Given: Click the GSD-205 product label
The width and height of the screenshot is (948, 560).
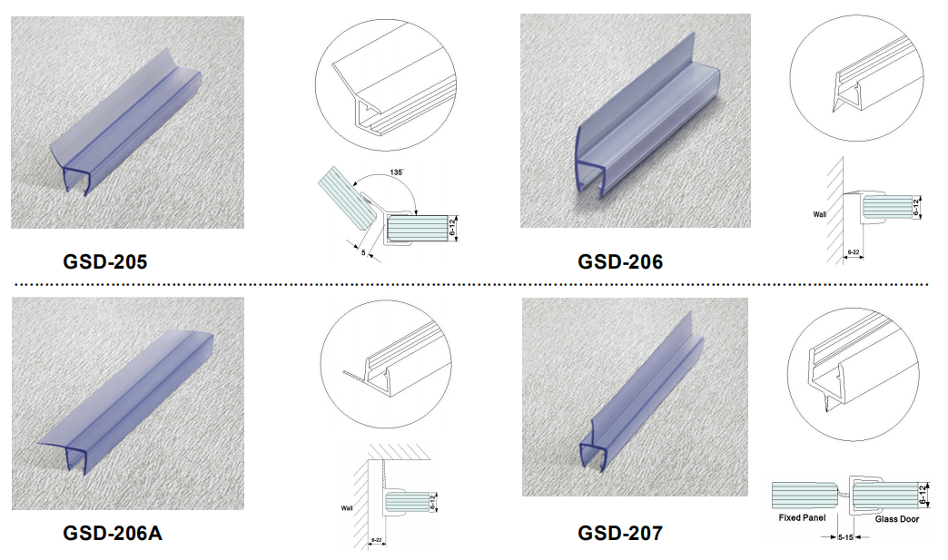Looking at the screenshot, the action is point(104,261).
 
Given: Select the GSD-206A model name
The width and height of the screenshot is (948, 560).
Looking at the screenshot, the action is point(113,533).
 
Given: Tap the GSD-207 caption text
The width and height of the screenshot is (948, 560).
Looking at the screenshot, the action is point(619,533).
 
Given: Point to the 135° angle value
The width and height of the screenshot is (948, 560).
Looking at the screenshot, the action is point(396,172).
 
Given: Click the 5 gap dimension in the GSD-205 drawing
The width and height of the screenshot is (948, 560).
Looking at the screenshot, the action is point(363,252).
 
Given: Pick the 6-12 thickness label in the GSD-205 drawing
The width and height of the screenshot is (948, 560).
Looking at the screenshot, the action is point(452,228).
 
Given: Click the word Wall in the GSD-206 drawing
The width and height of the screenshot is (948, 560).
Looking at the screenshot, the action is point(820,214).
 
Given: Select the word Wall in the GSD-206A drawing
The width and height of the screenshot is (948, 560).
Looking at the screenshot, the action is point(347,508).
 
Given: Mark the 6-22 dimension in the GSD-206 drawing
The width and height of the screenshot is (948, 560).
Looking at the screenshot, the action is point(853,252).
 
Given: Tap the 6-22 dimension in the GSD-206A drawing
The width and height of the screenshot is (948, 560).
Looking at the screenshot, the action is point(376,540).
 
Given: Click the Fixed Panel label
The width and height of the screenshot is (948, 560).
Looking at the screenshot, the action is point(802,517).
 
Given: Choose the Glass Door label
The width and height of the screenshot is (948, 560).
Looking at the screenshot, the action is point(896,519).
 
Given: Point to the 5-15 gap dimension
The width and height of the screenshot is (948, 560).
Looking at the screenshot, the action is point(845,537).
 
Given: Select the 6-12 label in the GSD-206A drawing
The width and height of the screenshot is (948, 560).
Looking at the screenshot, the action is point(433,502).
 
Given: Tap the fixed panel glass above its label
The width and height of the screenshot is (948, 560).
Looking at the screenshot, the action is point(805,496).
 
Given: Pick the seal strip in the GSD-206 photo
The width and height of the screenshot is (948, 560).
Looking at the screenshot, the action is point(647,121).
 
